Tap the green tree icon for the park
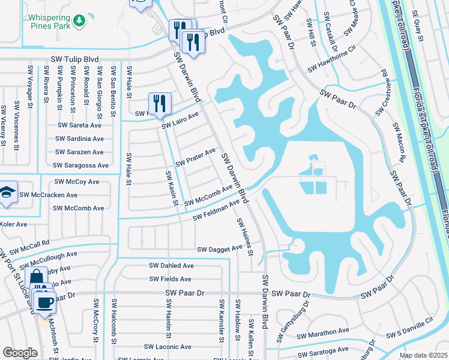point(79,22)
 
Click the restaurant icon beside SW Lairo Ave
point(160,103)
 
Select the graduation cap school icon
point(7,193)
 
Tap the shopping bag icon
point(36,277)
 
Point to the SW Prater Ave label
point(195,158)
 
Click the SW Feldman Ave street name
point(216,211)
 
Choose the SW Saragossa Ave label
point(80,165)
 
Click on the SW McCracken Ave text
point(48,195)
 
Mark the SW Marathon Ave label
point(326,331)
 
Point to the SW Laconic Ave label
point(167,347)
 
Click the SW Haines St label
point(245,236)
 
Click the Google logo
point(20,353)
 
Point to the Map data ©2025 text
point(423,355)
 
